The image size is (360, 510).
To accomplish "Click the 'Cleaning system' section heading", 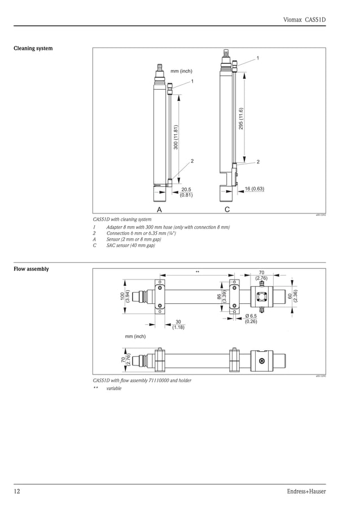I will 33,49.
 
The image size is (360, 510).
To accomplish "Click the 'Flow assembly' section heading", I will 31,269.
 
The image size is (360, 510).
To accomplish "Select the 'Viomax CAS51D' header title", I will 305,20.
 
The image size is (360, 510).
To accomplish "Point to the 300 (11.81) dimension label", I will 176,137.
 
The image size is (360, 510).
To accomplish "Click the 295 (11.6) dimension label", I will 241,119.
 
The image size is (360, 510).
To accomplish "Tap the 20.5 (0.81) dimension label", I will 186,192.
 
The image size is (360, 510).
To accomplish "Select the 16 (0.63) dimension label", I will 254,188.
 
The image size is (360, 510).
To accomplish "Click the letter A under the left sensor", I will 159,209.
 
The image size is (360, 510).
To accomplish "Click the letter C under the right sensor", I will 227,209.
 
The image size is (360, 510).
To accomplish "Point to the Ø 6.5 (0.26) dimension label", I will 251,319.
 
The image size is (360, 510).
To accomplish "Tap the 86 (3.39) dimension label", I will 222,295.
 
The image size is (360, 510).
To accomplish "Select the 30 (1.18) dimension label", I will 178,324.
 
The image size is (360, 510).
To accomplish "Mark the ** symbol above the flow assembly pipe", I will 197,272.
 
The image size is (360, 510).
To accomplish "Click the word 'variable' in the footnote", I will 114,389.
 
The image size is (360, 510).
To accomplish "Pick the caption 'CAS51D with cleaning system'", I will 122,219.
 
